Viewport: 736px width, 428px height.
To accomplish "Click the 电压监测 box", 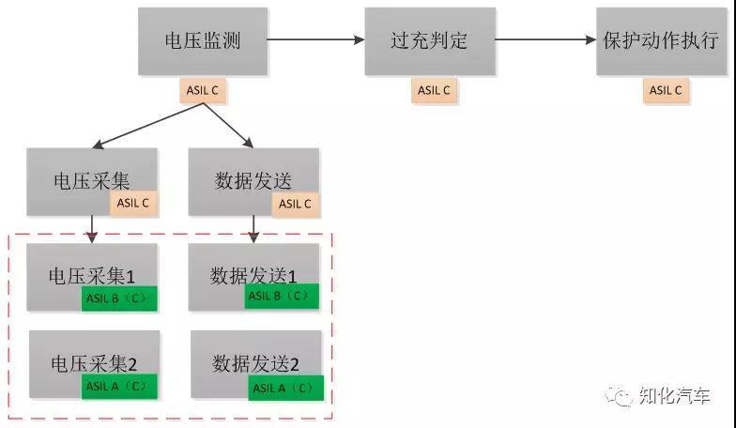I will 202,41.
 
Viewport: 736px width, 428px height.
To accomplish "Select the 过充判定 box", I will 429,41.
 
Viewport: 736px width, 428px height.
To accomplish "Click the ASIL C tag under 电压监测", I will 203,91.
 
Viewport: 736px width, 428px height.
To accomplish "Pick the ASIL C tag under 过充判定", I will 434,91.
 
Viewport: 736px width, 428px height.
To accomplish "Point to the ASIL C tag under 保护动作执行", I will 666,91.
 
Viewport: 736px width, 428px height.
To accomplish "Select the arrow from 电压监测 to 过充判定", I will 315,39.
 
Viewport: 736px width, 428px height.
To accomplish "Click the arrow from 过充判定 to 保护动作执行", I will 545,39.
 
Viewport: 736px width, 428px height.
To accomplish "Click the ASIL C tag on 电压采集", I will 133,203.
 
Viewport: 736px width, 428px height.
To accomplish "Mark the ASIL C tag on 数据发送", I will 296,204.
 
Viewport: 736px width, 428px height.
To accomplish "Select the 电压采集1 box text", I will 92,276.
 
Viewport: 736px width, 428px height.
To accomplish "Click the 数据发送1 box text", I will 253,275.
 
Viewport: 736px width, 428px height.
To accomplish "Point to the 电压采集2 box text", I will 93,362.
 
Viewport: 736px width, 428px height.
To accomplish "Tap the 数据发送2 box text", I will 255,363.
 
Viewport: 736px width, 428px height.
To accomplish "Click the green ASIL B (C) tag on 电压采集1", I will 119,299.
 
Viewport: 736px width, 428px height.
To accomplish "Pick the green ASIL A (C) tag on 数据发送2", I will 286,387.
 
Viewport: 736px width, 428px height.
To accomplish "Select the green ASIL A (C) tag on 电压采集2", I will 119,386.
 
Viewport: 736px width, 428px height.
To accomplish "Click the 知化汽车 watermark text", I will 675,397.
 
